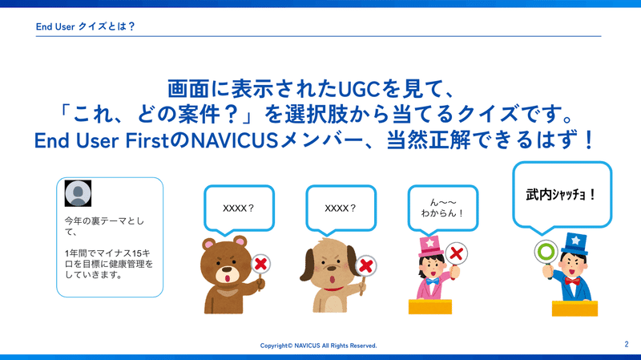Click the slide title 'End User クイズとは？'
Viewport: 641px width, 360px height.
86,26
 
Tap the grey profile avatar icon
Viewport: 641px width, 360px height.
78,193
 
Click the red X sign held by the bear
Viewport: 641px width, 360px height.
260,264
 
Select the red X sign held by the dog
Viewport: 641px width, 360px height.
365,266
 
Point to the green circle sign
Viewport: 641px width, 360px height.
546,252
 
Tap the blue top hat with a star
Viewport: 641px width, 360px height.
574,243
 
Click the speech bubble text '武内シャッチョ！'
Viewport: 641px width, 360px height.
561,195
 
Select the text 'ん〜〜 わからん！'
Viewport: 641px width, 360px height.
443,208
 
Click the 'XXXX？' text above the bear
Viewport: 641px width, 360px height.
239,208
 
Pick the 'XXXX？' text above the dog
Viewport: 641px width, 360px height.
341,208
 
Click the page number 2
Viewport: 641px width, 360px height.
627,344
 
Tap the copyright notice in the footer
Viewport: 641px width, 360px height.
318,346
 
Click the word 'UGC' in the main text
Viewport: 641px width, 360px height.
359,89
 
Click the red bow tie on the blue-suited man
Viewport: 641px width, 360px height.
572,281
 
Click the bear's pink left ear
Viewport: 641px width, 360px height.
209,245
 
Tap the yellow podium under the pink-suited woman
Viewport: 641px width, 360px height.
430,307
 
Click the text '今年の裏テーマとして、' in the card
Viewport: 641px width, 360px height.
104,226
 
